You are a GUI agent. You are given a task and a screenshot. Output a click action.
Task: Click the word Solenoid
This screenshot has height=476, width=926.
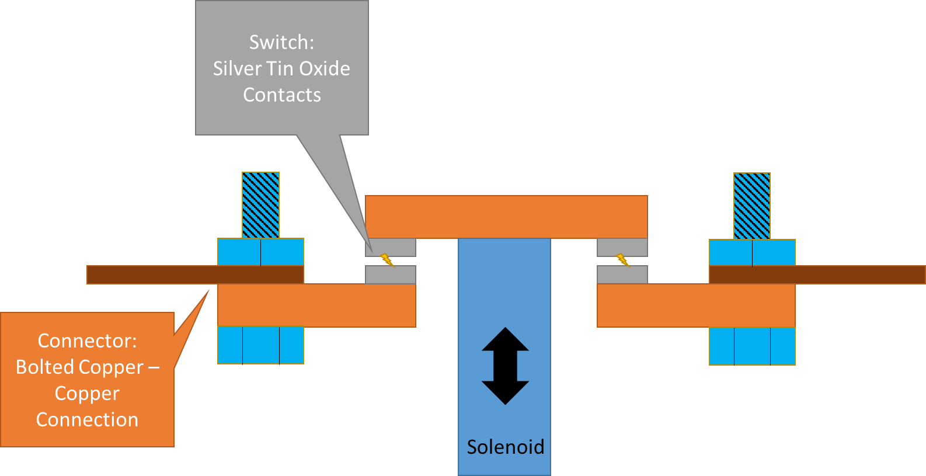(505, 447)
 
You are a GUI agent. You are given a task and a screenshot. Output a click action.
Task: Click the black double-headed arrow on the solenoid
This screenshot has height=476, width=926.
(505, 366)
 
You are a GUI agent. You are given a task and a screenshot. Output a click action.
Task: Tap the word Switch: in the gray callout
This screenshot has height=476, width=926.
(281, 42)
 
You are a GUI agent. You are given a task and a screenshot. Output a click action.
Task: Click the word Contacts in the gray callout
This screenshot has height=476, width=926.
(281, 95)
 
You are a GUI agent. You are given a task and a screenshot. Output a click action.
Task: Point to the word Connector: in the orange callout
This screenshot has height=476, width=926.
(87, 341)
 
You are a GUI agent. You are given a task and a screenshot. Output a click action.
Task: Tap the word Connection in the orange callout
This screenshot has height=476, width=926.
(87, 419)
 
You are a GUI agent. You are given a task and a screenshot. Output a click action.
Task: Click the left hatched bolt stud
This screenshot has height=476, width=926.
(260, 205)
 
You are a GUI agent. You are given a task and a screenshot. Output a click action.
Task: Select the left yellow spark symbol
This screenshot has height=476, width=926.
(387, 260)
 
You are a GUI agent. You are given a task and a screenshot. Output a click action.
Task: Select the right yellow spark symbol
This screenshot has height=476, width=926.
(623, 260)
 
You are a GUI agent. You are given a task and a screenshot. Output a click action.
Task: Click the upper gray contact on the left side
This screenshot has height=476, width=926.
(391, 246)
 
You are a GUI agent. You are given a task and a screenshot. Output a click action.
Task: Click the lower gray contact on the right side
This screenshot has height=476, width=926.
(622, 275)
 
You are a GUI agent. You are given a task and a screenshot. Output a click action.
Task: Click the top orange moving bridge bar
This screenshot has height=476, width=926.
(506, 217)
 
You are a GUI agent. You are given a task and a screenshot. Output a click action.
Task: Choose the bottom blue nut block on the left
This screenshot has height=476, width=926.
(260, 345)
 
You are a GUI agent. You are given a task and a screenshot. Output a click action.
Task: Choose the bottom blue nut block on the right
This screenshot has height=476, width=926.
(752, 346)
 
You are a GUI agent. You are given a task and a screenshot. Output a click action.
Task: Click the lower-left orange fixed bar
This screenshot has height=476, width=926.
(316, 305)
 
